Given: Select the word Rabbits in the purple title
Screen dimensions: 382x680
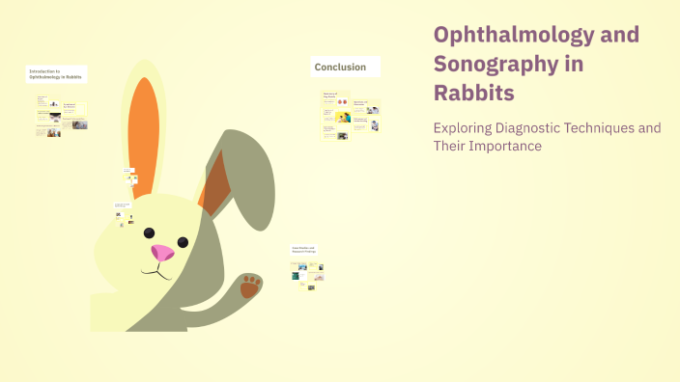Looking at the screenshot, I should (474, 93).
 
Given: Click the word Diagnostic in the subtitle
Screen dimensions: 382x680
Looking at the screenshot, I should (544, 127).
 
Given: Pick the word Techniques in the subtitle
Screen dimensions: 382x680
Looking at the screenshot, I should (618, 127).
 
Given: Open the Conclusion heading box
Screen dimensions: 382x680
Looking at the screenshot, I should (345, 67).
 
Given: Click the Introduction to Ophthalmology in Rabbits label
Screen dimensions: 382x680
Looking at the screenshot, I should (56, 74).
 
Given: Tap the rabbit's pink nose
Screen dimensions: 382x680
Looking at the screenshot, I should (162, 253).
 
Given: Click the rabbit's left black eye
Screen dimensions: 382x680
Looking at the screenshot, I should (150, 232).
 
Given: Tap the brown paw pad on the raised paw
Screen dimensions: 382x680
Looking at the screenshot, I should (250, 286).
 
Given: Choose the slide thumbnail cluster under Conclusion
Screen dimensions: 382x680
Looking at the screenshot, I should (350, 116).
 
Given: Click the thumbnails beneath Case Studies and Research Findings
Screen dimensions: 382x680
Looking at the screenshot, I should (307, 274).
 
